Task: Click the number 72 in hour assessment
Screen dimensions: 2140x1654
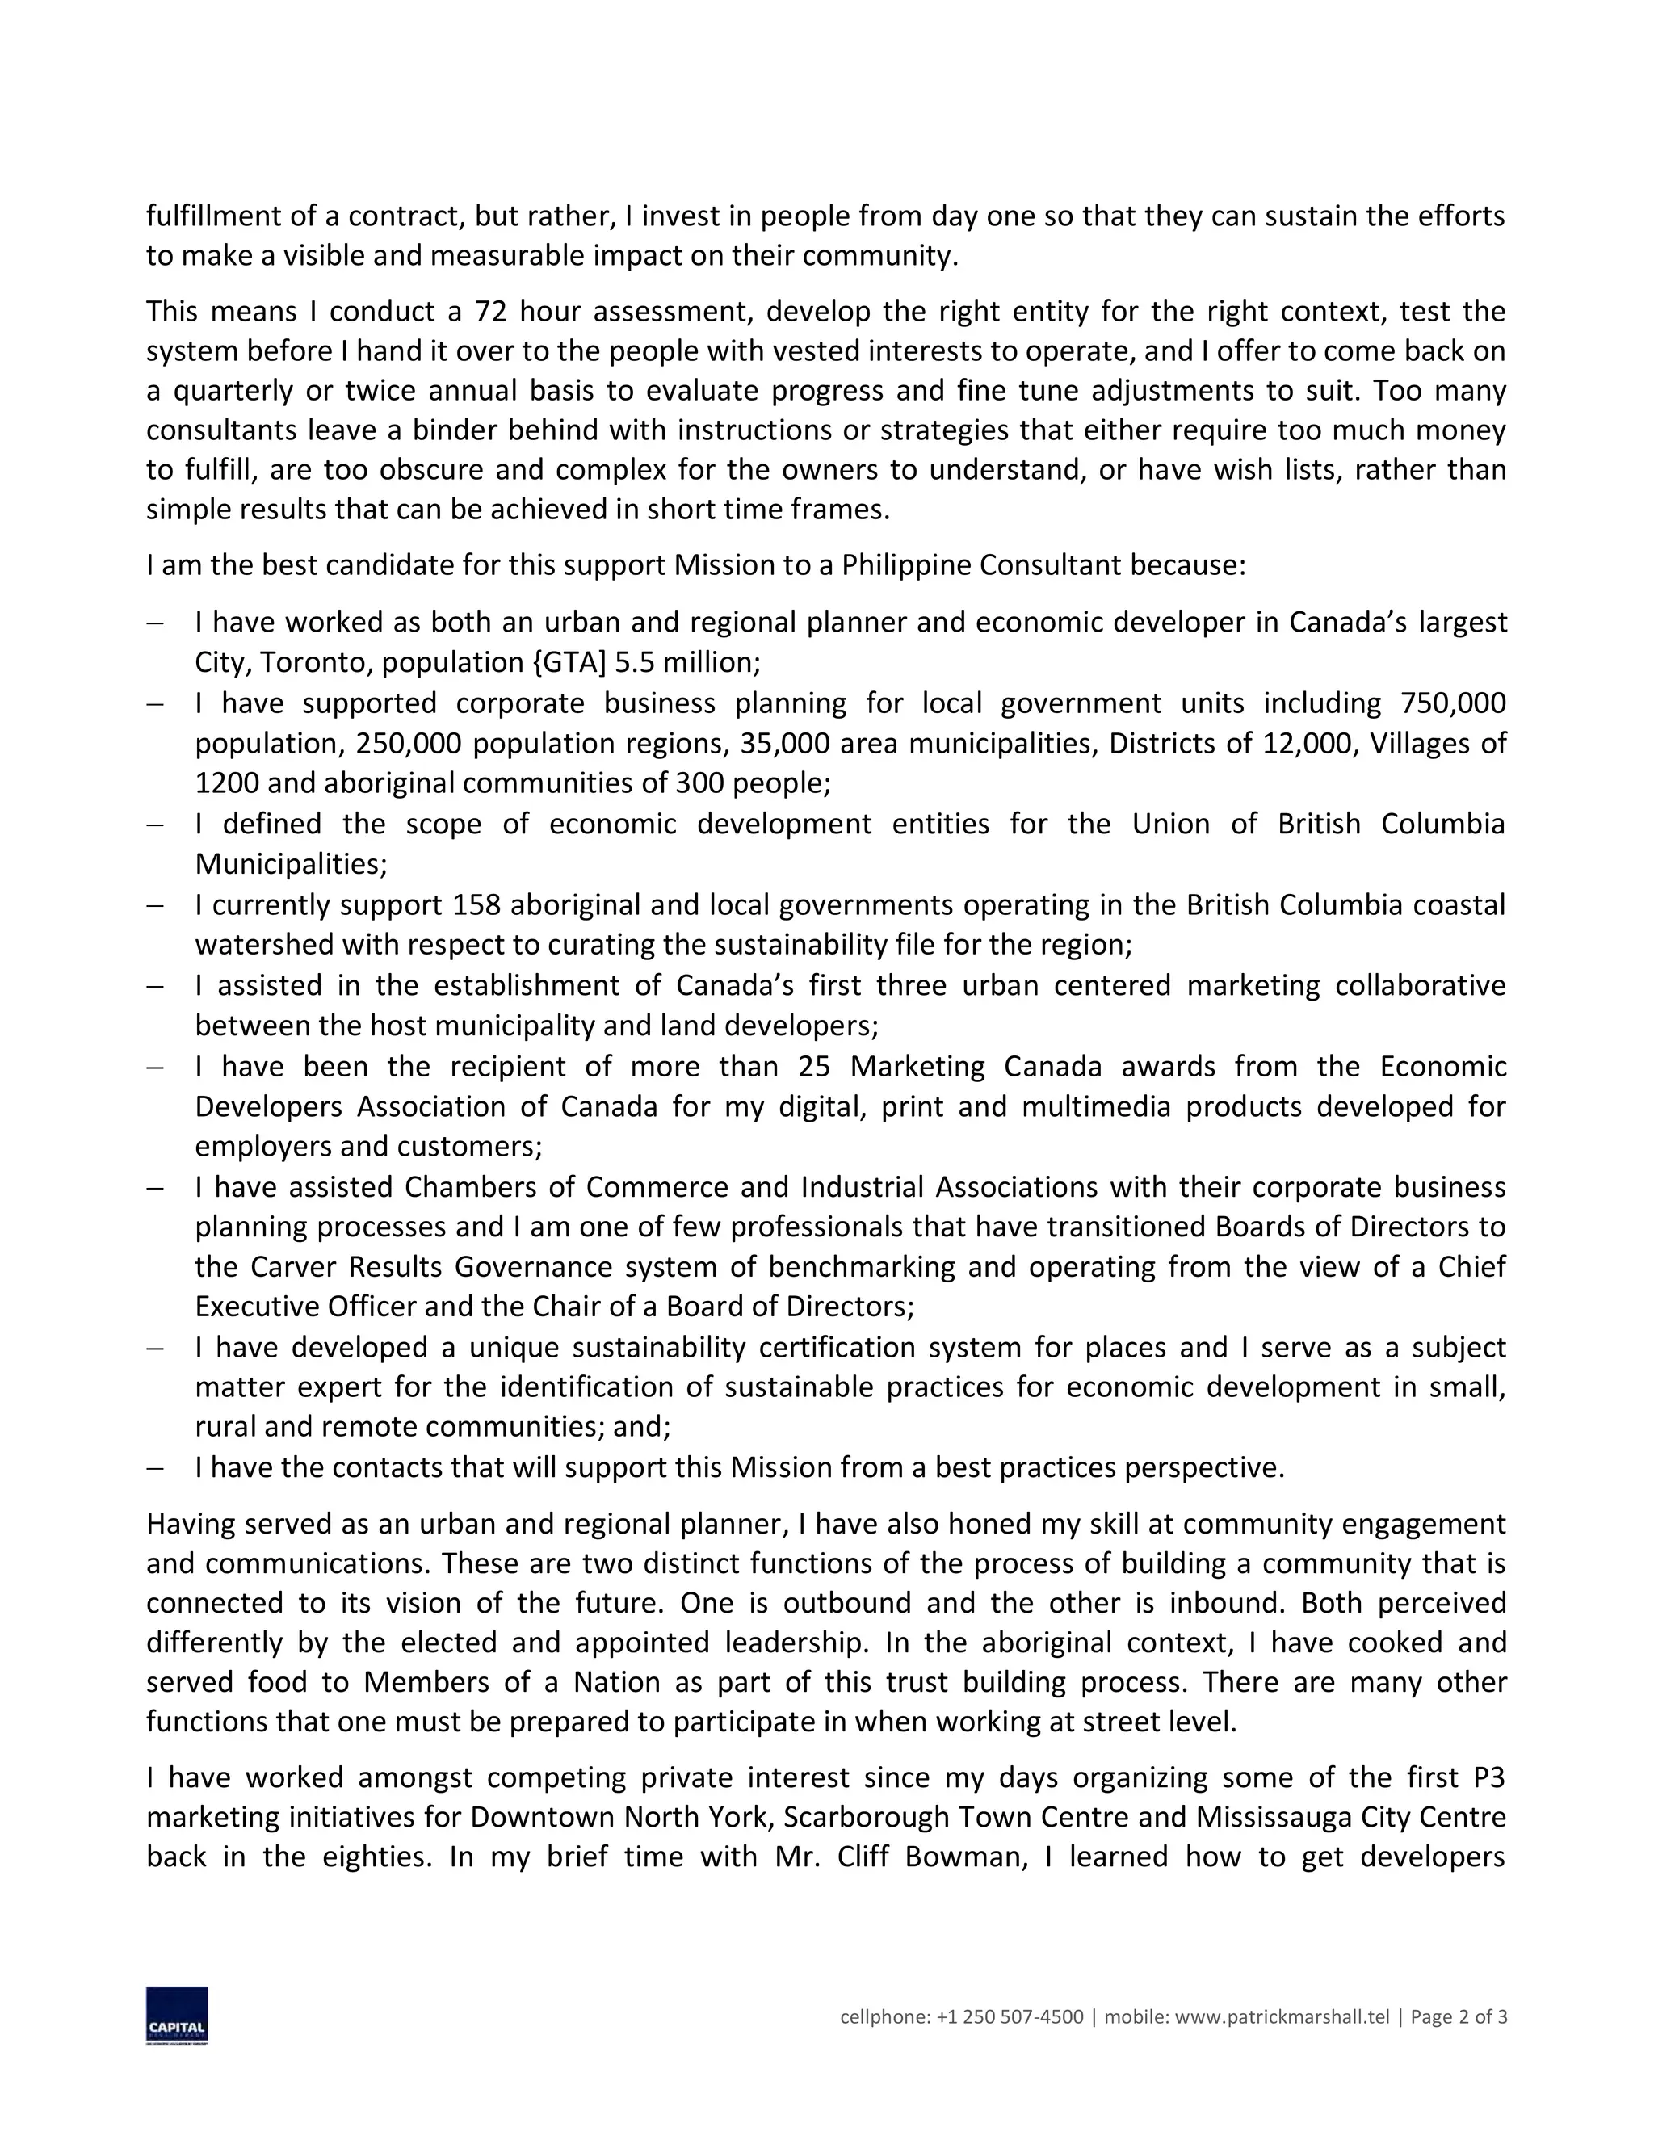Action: tap(490, 312)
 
